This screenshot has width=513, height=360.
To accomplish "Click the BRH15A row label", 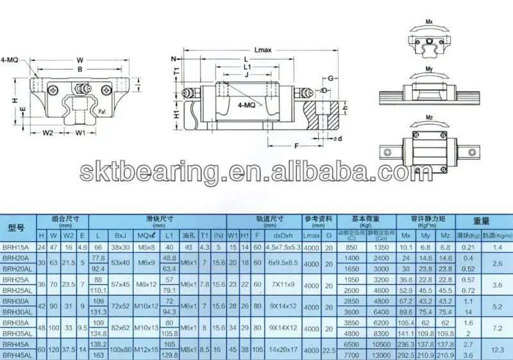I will pos(17,246).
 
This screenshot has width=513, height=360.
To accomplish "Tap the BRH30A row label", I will pos(17,302).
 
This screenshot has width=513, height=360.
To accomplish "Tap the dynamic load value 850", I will pos(351,246).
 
